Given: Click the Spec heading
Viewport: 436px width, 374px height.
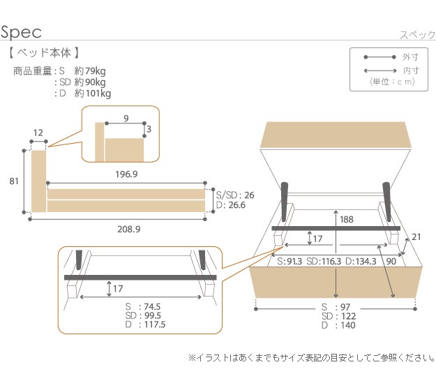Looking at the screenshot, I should tap(22, 32).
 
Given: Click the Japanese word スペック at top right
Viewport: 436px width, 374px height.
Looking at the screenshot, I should tap(417, 36).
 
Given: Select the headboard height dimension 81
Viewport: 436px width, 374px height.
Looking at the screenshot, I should tap(14, 181).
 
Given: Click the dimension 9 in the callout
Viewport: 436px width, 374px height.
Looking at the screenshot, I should tap(125, 119).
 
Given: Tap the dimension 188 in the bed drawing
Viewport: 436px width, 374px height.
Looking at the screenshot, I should tap(347, 219).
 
